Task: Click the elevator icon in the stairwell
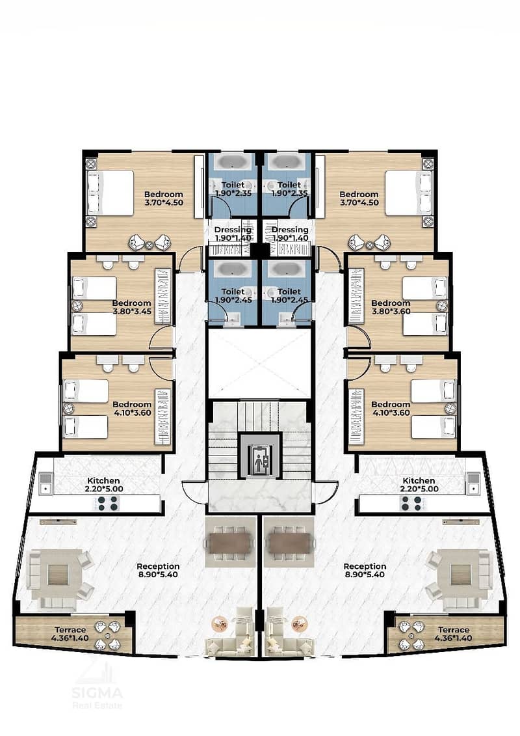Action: click(260, 456)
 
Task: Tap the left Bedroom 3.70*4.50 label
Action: click(164, 198)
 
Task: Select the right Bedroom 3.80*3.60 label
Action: click(391, 307)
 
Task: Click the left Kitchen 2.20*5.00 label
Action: click(103, 484)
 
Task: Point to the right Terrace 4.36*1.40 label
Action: click(454, 634)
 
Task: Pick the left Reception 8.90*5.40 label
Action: click(158, 570)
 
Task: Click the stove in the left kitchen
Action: click(108, 504)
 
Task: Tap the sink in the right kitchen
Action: click(473, 484)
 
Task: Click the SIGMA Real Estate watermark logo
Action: click(97, 685)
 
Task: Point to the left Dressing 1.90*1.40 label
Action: click(233, 234)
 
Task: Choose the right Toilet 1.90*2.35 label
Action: click(289, 189)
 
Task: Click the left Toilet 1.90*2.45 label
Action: click(233, 295)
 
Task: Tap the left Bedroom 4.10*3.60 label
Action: click(132, 409)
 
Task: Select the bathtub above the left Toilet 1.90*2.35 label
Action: click(233, 163)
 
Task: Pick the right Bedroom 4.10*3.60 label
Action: click(391, 409)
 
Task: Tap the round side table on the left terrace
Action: click(109, 636)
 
